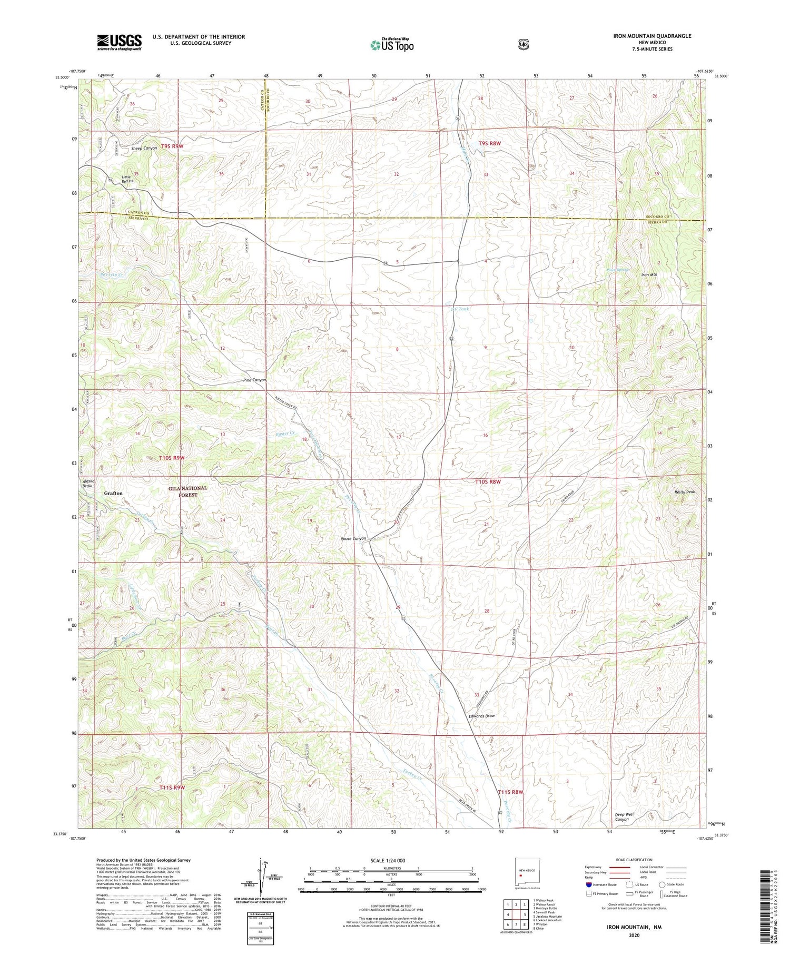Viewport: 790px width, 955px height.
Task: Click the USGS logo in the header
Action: [119, 42]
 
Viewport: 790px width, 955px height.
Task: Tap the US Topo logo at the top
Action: [392, 45]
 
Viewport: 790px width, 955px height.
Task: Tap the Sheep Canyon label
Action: [144, 149]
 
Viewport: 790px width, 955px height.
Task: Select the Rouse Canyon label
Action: [353, 538]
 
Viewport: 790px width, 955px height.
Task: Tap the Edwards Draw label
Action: [481, 716]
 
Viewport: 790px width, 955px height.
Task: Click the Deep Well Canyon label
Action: [625, 817]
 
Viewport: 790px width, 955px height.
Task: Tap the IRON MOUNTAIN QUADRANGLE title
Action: [652, 36]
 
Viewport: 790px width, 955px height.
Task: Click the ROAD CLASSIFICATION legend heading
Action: [632, 860]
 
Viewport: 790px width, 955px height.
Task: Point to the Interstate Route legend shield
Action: [589, 884]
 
